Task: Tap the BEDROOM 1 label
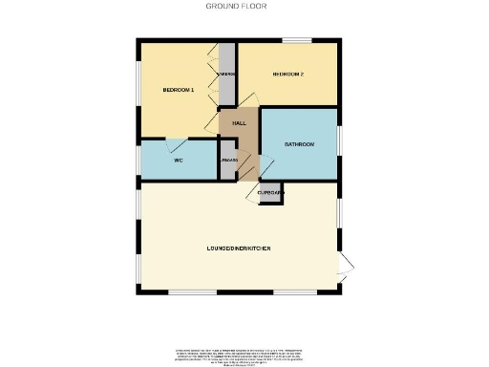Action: point(179,90)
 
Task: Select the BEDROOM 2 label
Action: point(288,74)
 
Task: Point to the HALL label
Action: point(239,123)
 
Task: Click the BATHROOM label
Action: point(299,144)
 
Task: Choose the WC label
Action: point(178,160)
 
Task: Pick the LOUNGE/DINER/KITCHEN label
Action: point(239,248)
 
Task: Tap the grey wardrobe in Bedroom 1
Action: point(227,75)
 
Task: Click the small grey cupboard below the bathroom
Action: point(269,192)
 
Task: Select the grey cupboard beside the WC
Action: point(227,161)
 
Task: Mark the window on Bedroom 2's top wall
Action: point(295,40)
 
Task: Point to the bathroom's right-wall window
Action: point(339,143)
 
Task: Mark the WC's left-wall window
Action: point(138,161)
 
